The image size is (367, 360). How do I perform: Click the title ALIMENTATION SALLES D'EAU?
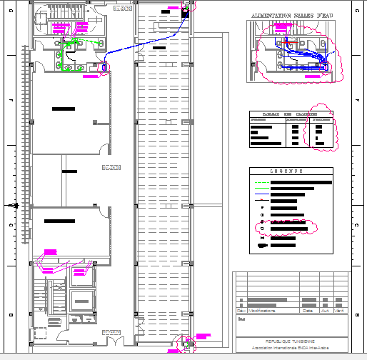coord(292,15)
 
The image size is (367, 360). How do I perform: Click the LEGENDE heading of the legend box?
coord(291,171)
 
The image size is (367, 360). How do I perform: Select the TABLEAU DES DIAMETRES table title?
coord(290,114)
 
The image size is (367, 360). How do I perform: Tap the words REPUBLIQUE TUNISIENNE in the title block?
coord(289,342)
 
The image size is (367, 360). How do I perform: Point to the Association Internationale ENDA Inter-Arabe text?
coord(289,349)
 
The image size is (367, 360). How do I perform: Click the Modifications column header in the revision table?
coord(261,311)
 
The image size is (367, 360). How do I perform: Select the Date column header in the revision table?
coord(308,311)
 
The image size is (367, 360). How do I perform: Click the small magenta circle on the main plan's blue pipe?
coord(106,69)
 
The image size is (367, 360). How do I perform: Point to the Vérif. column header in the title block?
coord(341,311)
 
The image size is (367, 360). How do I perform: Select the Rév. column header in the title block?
coord(241,311)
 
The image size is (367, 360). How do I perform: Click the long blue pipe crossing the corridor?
coord(143,49)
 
